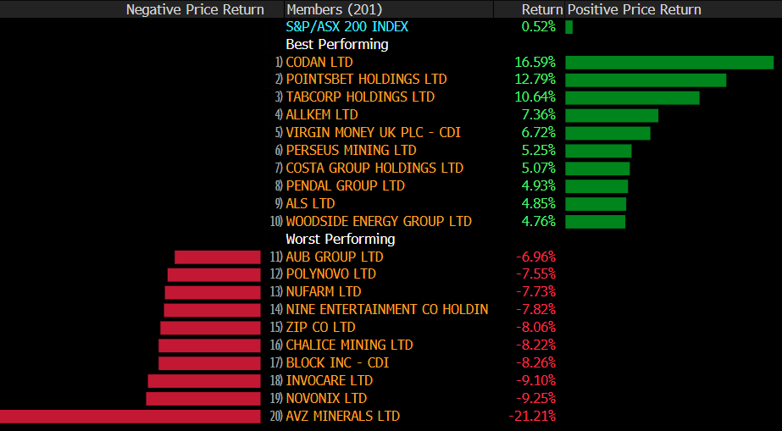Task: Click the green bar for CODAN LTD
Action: (669, 62)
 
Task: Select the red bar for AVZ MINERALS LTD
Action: (130, 417)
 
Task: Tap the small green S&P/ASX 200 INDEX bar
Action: (569, 27)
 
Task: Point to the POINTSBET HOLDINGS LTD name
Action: (366, 80)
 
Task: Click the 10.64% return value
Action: (535, 97)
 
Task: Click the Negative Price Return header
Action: (195, 9)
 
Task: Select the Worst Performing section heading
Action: (341, 239)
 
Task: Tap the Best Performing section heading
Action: (337, 44)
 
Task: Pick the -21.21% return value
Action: (532, 417)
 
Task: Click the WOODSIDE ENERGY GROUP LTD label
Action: (379, 221)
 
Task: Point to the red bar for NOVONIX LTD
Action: (203, 399)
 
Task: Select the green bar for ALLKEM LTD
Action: (612, 115)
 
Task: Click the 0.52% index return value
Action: (539, 27)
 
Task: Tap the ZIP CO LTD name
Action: (320, 328)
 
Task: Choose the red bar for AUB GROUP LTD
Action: (218, 257)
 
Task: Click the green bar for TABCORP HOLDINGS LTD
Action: (632, 97)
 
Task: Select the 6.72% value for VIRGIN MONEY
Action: (539, 133)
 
